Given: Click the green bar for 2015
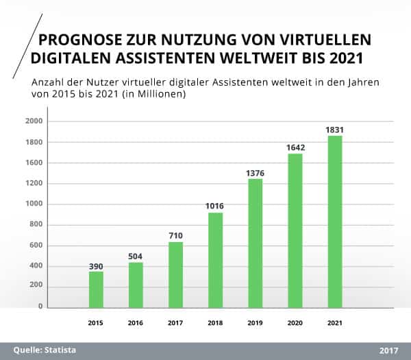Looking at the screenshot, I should [96, 289].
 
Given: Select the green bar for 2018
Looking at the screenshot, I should [215, 260].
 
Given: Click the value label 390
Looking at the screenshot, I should [96, 265].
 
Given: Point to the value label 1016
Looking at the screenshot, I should [215, 206].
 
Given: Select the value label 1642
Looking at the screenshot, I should [295, 147].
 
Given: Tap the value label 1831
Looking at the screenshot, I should [334, 129].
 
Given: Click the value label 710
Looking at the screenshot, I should [175, 235].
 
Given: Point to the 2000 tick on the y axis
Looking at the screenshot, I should [34, 121].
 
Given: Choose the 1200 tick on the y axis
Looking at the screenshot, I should [34, 184].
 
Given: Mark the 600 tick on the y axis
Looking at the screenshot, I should [36, 245].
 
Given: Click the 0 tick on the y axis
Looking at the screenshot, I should [40, 307].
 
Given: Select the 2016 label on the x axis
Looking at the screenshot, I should [136, 322].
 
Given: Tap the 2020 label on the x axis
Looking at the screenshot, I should [295, 322].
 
